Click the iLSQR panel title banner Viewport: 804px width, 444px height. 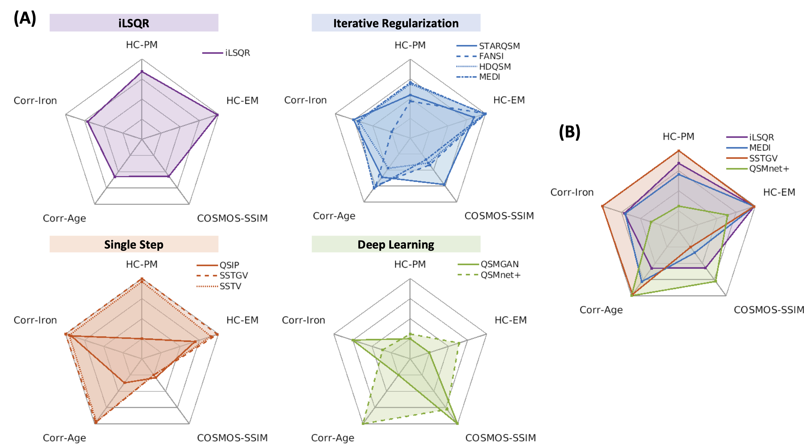pyautogui.click(x=134, y=23)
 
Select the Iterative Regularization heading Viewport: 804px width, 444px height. pyautogui.click(x=396, y=23)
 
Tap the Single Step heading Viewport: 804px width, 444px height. pyautogui.click(x=134, y=244)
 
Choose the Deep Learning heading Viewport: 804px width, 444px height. pyautogui.click(x=396, y=244)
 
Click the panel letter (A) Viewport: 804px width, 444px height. pyautogui.click(x=25, y=18)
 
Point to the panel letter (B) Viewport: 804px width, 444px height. pyautogui.click(x=569, y=132)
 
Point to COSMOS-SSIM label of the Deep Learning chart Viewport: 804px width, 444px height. pyautogui.click(x=500, y=438)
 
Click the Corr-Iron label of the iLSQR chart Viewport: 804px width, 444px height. pyautogui.click(x=35, y=100)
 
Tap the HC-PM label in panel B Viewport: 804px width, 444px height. pyautogui.click(x=679, y=136)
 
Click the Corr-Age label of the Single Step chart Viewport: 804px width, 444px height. pyautogui.click(x=64, y=438)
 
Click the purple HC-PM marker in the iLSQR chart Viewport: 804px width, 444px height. pyautogui.click(x=142, y=72)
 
